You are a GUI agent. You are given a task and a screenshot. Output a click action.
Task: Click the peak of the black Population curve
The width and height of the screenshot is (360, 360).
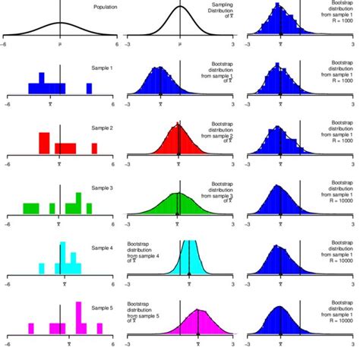[61, 24]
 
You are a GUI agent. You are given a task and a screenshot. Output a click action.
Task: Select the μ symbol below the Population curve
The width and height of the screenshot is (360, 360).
[61, 45]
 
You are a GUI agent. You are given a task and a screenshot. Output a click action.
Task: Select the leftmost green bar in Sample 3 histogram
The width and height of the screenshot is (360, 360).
[30, 208]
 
